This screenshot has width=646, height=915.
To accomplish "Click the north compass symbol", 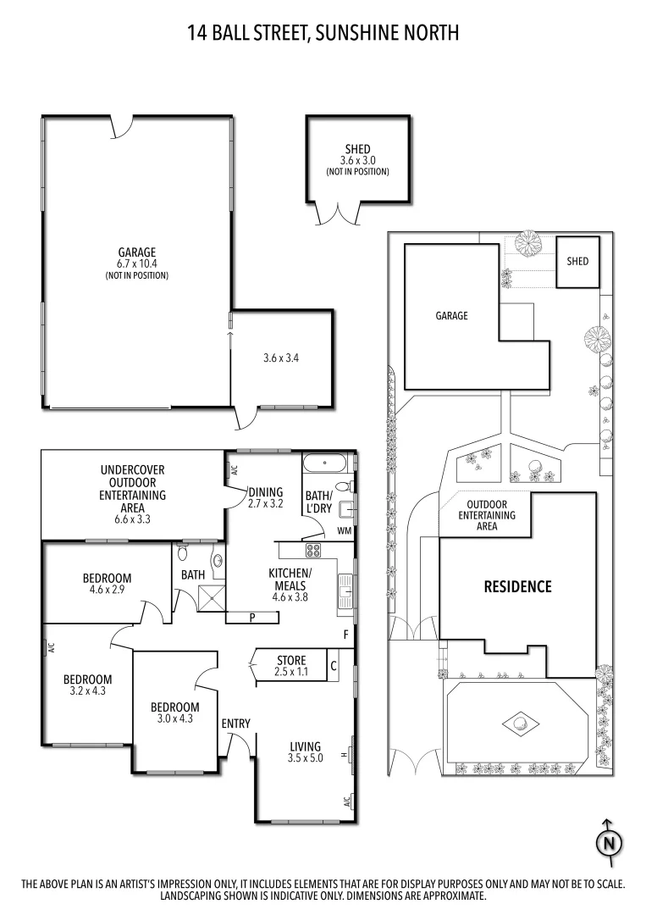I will (607, 843).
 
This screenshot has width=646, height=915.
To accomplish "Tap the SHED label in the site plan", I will (577, 262).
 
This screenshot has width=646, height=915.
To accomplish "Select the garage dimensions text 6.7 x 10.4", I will (136, 264).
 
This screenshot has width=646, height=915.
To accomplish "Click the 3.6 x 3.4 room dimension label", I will (282, 358).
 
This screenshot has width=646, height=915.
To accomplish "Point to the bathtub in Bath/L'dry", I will (324, 464).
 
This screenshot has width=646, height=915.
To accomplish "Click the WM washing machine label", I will (344, 531).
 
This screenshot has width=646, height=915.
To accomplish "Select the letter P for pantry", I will (252, 617).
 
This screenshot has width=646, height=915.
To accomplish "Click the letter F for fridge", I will (345, 634).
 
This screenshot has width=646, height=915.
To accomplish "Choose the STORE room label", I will (290, 660).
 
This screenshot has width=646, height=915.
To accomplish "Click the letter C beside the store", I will (333, 666).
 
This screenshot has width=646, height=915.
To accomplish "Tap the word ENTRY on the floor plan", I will (235, 723).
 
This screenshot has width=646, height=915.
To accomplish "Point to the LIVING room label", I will (305, 746).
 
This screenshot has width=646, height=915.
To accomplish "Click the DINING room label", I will (265, 491).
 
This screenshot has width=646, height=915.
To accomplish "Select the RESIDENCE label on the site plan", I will (517, 586).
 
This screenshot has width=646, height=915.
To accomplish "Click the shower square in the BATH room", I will (209, 601).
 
